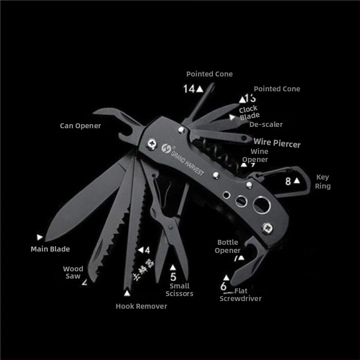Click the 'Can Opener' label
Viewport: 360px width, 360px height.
81,126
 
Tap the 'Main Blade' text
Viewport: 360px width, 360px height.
50,249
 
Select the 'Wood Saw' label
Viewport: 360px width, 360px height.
73,273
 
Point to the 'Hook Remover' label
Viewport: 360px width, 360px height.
141,306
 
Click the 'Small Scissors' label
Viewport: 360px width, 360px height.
180,290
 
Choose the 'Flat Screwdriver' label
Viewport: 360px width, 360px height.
241,295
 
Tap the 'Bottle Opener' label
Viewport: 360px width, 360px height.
228,246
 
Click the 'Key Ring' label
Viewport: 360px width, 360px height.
323,181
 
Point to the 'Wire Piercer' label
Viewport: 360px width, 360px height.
277,144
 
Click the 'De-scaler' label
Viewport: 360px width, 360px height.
266,125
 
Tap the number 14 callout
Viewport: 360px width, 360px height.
189,89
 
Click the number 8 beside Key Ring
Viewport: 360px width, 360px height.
288,181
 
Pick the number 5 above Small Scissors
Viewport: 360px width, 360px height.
173,277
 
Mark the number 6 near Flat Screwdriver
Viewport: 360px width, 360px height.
224,287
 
